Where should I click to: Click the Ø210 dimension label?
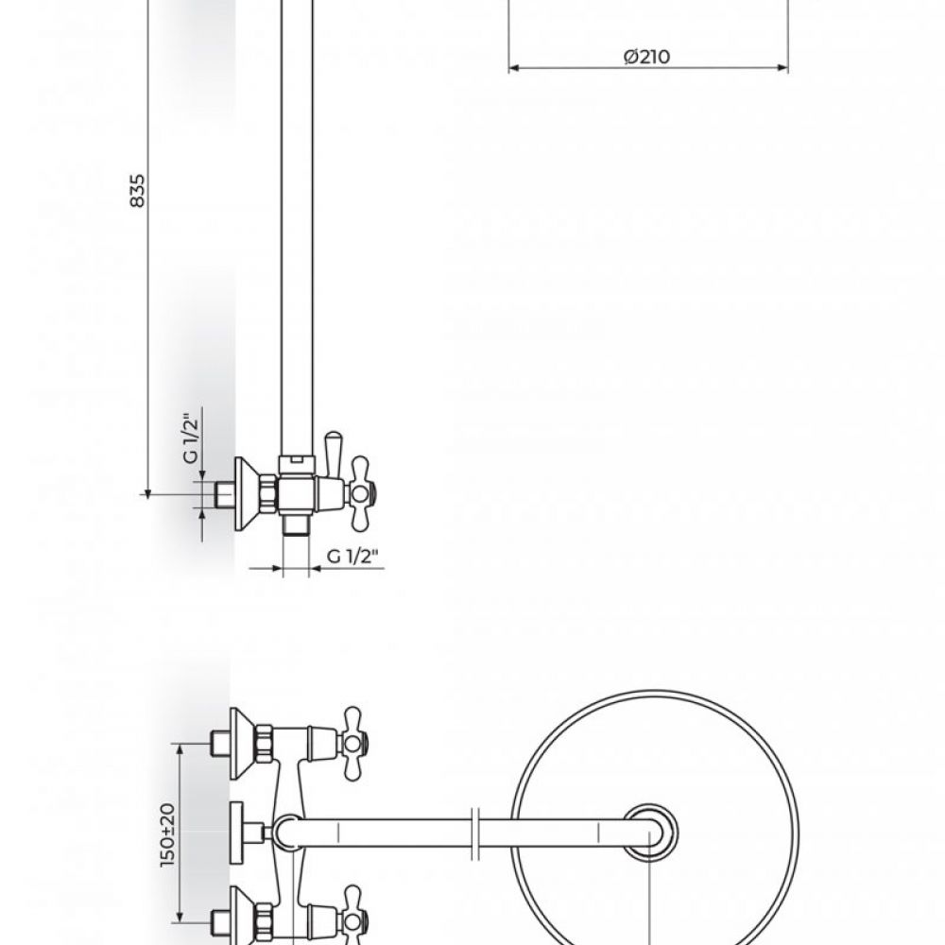646,57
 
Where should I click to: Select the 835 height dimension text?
138,191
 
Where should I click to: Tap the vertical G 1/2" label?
191,438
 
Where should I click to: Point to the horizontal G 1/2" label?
353,556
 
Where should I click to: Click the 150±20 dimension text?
168,835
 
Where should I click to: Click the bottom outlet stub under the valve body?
296,524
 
